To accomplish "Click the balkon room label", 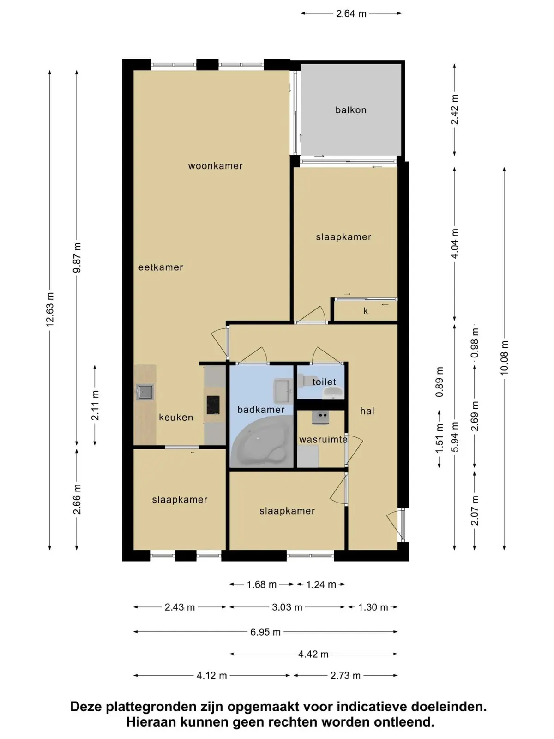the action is click(350, 110).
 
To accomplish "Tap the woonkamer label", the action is click(215, 166).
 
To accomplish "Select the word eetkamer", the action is click(161, 267).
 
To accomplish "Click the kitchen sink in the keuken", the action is click(145, 392).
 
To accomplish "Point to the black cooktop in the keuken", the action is click(213, 405).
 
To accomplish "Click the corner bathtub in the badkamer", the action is click(261, 442).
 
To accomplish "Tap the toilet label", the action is click(324, 382).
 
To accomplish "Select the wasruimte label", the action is click(323, 440).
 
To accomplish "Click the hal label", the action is click(367, 411).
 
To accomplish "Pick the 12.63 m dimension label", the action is click(50, 310).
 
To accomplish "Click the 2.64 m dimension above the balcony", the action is click(351, 14).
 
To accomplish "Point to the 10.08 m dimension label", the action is click(504, 357).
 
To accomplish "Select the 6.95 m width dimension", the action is click(265, 632).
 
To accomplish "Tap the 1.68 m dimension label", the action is click(261, 584).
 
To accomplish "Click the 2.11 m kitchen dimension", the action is click(95, 406).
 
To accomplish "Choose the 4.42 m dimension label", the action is click(313, 654).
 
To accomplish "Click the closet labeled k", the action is click(366, 311).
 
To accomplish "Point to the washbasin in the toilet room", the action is click(333, 393).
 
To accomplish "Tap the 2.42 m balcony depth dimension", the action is click(454, 110).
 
